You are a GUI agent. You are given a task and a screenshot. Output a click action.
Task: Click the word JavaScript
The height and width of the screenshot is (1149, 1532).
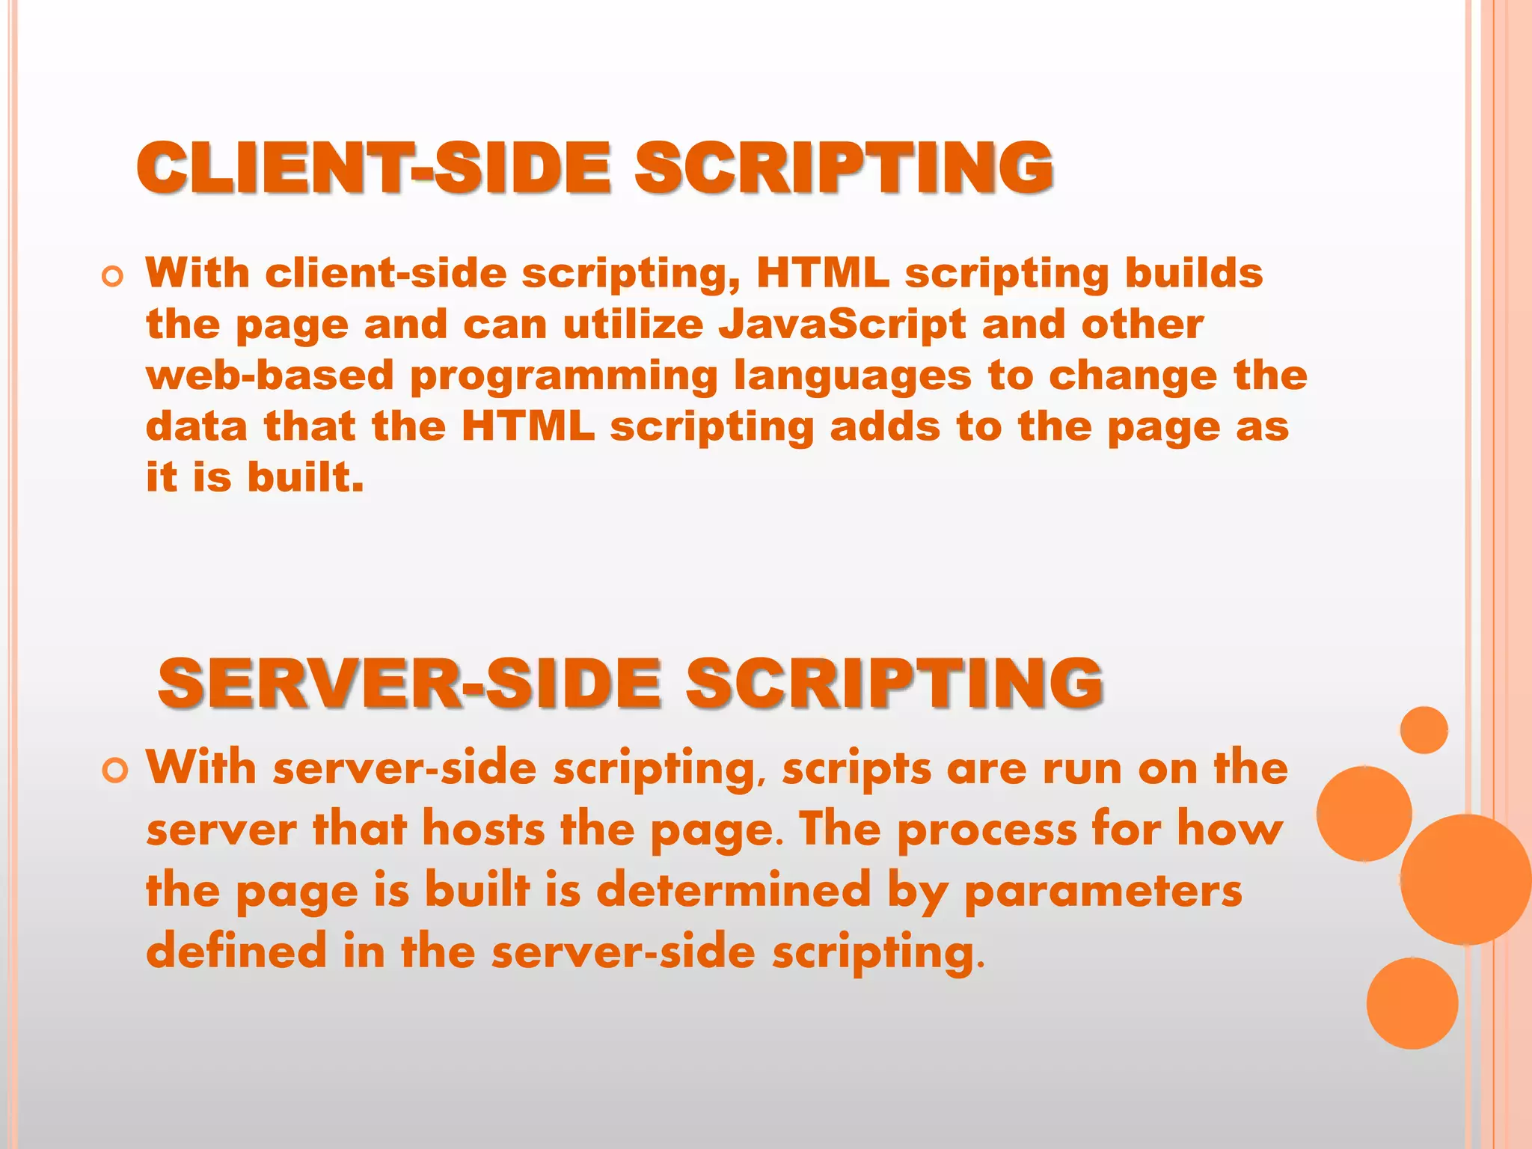click(x=842, y=325)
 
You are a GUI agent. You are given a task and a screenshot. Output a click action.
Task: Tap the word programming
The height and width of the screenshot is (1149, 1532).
click(x=564, y=376)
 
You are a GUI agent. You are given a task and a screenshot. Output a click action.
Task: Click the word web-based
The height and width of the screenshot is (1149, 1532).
click(x=270, y=376)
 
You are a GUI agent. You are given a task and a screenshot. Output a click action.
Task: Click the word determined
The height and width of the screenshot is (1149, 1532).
click(x=734, y=891)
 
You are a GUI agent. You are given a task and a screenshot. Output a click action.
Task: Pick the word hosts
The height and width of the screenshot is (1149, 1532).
click(x=483, y=830)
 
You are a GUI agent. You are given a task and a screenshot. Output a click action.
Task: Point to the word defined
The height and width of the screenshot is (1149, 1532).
click(x=236, y=952)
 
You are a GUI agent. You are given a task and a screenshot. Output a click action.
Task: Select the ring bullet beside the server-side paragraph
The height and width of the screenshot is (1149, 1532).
click(x=114, y=770)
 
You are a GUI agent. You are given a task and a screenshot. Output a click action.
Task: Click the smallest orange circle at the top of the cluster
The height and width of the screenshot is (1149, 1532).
click(x=1424, y=730)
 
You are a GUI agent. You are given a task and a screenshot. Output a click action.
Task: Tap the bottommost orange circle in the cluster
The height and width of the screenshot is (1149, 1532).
click(x=1412, y=1003)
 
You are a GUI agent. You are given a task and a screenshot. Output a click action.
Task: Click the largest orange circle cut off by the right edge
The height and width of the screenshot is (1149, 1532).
click(x=1466, y=880)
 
